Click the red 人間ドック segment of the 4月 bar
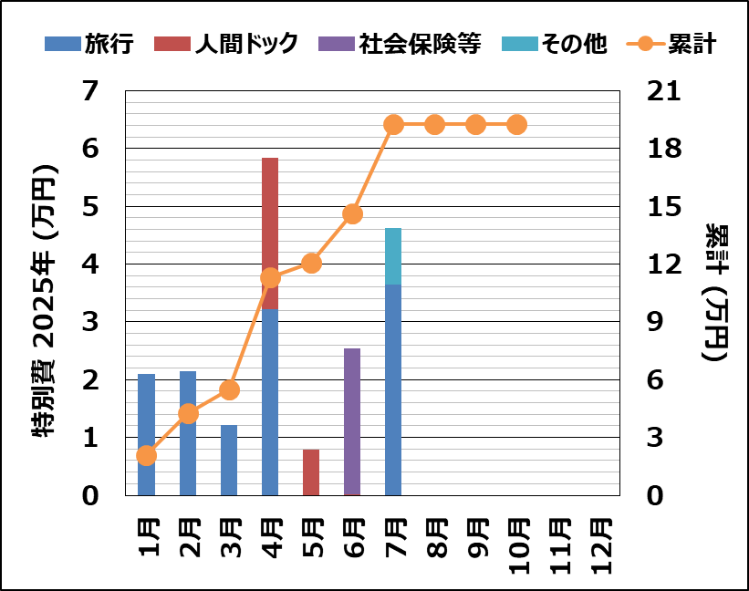click(x=270, y=233)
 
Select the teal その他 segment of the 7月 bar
click(x=393, y=256)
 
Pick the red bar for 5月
click(x=311, y=472)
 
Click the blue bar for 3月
click(x=229, y=460)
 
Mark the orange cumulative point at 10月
click(x=516, y=125)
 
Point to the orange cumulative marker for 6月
click(x=352, y=214)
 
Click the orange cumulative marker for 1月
click(x=147, y=455)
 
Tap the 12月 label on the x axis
click(x=599, y=544)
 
